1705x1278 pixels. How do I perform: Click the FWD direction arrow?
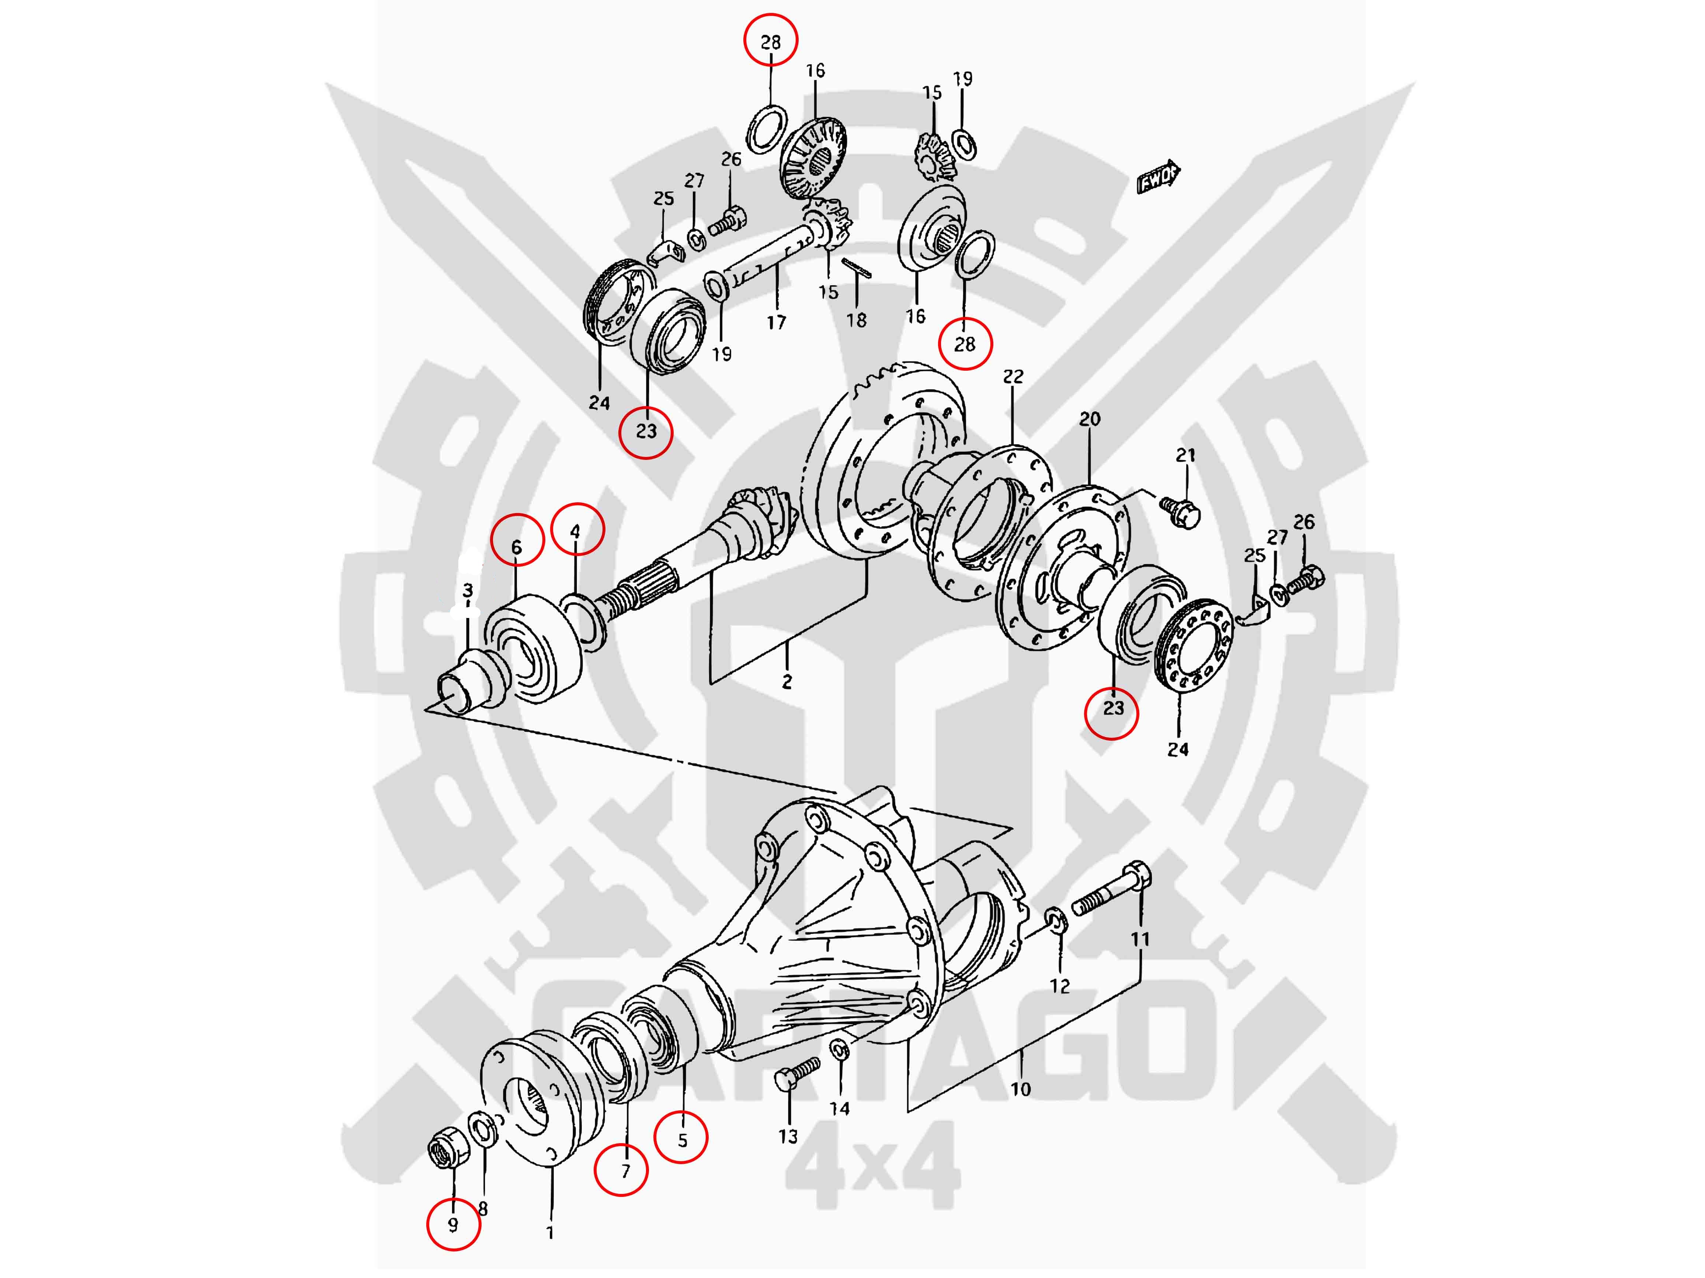click(x=1159, y=177)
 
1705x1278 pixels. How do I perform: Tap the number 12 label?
click(x=1060, y=985)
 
